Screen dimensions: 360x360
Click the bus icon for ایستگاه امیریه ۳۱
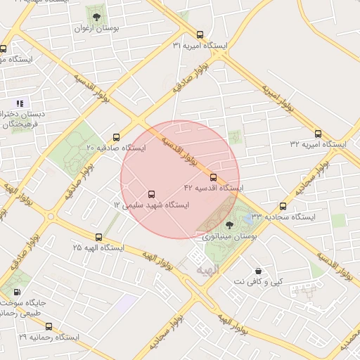(x=200, y=34)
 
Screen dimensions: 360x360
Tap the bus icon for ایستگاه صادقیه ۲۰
(x=116, y=138)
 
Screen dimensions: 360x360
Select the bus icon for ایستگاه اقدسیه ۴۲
(x=214, y=178)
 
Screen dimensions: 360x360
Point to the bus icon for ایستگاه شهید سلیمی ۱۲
(x=151, y=194)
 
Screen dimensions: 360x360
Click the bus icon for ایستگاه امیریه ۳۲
(x=319, y=134)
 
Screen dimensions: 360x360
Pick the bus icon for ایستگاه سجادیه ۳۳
(x=283, y=207)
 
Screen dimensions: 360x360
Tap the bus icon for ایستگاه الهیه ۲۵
(x=98, y=238)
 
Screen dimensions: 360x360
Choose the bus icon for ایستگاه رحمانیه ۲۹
(x=49, y=327)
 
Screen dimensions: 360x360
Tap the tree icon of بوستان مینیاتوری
(x=229, y=225)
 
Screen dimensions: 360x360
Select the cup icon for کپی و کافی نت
(x=259, y=271)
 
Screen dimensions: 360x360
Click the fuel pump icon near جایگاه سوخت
(x=18, y=292)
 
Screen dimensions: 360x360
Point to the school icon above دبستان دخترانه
(x=20, y=103)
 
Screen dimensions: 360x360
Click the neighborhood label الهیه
(x=209, y=270)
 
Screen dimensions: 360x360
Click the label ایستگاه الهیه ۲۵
(x=98, y=248)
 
